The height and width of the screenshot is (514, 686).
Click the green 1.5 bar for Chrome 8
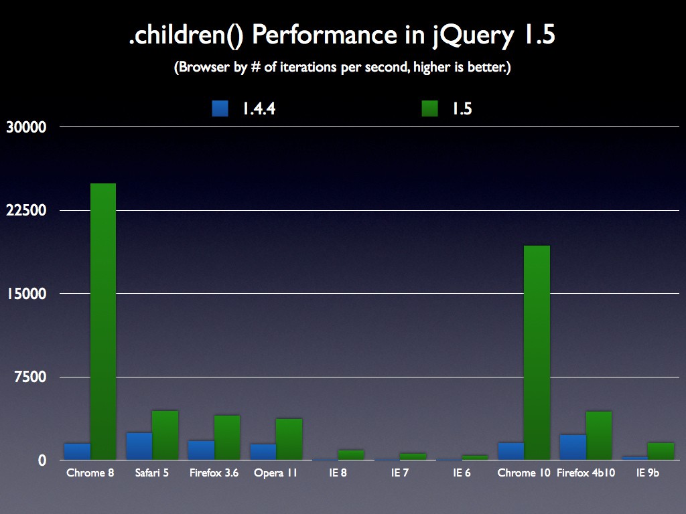pos(103,321)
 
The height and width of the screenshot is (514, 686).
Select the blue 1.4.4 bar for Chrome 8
pos(77,451)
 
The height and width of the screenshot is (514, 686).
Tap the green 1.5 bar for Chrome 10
pos(537,353)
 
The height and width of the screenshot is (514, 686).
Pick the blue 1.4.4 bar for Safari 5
pos(139,446)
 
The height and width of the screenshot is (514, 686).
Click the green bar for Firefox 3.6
pos(227,437)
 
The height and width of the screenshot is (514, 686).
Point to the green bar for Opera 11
pos(289,439)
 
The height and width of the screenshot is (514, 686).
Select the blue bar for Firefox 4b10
pos(573,447)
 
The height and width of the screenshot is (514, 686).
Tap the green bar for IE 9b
pos(661,451)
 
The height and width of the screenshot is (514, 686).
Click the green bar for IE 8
pos(351,455)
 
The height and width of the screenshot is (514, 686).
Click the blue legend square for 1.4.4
pos(220,108)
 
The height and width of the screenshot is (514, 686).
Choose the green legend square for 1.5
pos(429,108)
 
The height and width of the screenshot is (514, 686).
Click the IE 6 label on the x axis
pos(462,473)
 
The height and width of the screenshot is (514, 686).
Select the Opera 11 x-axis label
pos(275,473)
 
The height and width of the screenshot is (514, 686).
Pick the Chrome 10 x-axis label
pos(524,473)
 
